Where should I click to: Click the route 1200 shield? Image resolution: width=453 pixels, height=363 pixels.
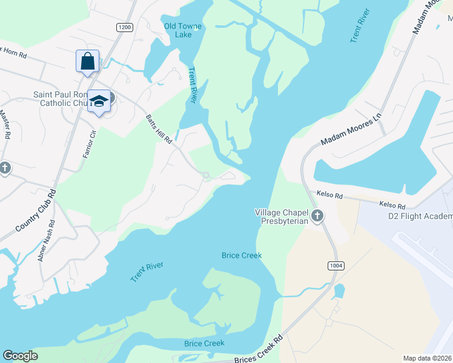pyautogui.click(x=124, y=27)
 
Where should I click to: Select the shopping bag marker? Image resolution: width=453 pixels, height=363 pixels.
pyautogui.click(x=88, y=62)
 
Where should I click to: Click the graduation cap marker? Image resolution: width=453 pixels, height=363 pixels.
pyautogui.click(x=99, y=102)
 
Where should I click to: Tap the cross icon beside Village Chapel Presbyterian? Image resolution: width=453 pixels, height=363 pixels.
pyautogui.click(x=316, y=215)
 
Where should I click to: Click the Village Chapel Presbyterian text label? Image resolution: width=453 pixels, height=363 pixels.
pyautogui.click(x=282, y=217)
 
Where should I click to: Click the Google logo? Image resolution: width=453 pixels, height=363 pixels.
pyautogui.click(x=20, y=356)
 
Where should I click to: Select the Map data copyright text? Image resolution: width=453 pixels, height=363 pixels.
pyautogui.click(x=428, y=358)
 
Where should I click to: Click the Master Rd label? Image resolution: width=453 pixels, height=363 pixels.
pyautogui.click(x=5, y=124)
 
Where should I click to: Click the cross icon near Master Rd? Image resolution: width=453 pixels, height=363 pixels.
pyautogui.click(x=5, y=168)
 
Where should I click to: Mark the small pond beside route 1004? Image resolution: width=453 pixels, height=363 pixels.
pyautogui.click(x=339, y=291)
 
